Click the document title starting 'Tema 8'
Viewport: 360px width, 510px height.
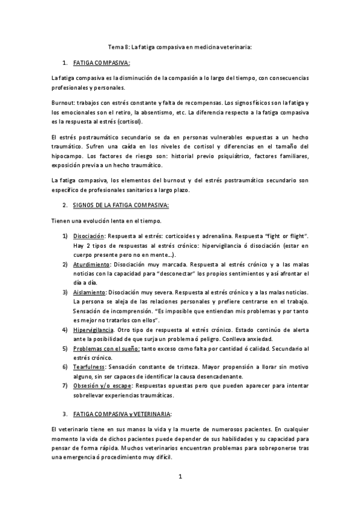click(x=179, y=46)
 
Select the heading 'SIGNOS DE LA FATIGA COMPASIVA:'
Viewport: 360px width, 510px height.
click(x=121, y=205)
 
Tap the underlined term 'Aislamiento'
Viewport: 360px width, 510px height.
click(x=90, y=292)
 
